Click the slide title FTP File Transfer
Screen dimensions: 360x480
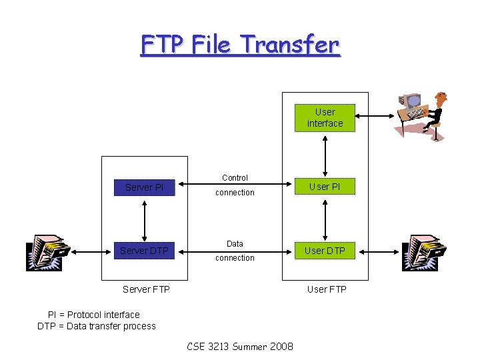point(240,45)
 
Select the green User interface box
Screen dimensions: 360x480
point(325,118)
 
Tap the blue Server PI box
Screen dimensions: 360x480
point(145,187)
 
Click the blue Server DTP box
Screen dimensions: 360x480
point(144,251)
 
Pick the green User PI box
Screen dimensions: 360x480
point(325,187)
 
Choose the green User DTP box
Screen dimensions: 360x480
point(325,251)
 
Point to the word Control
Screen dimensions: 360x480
point(235,178)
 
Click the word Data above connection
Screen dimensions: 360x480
point(235,244)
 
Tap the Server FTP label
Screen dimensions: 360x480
point(146,289)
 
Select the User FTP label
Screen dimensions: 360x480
point(327,289)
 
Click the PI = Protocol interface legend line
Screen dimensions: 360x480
point(94,315)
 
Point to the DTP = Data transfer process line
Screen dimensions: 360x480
point(97,326)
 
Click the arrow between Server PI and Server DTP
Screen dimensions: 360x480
point(145,219)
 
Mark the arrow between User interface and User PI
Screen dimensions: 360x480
point(325,153)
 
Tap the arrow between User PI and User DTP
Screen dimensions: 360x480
point(325,219)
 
